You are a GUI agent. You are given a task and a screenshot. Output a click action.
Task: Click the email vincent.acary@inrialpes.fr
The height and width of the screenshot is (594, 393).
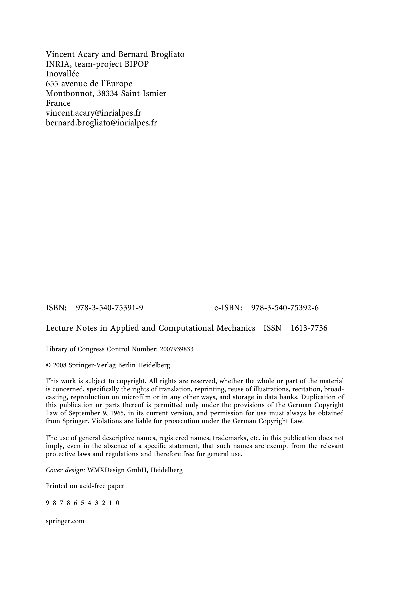click(93, 113)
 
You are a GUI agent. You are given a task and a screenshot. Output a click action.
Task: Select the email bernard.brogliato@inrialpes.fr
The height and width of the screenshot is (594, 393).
click(101, 123)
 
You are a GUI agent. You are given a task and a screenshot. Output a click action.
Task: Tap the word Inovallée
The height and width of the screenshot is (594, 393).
click(62, 74)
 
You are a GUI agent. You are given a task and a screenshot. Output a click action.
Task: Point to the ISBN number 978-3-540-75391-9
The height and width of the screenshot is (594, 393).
click(109, 308)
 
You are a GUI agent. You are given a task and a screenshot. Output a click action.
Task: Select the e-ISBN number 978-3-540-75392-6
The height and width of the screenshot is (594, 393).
click(285, 308)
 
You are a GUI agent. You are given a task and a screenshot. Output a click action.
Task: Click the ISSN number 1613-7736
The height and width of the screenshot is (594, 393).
click(309, 328)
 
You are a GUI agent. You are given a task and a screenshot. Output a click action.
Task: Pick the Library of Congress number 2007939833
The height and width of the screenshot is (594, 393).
click(177, 349)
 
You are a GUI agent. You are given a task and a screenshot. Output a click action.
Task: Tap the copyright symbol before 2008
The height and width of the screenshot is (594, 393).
click(48, 365)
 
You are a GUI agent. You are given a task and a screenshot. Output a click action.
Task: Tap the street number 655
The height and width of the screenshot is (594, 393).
click(52, 83)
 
